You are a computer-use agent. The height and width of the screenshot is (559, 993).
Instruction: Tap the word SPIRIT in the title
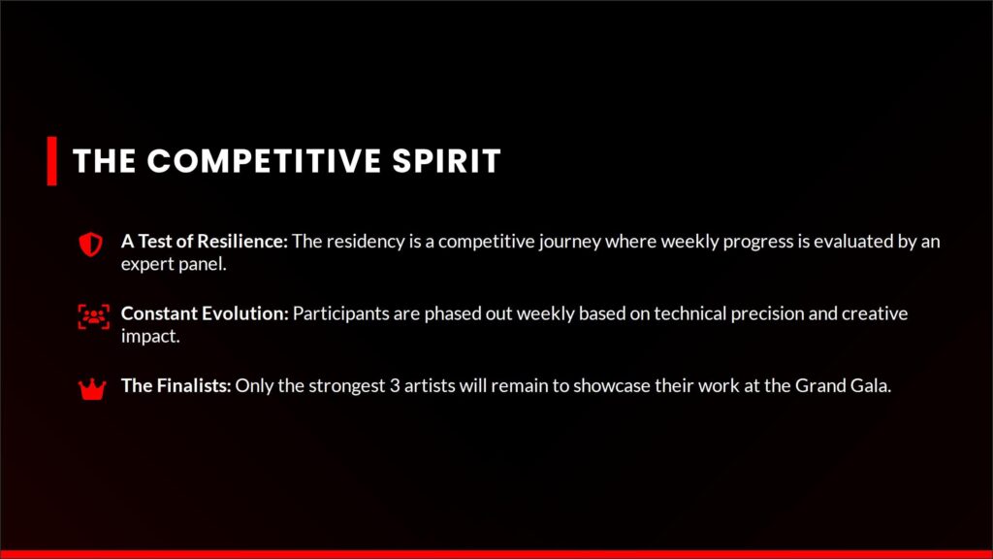446,161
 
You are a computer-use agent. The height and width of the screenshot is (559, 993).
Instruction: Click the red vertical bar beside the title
52,161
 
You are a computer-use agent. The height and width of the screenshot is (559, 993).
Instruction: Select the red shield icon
90,244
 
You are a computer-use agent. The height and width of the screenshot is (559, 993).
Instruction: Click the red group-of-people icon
93,316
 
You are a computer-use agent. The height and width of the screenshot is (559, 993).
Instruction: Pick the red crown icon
92,389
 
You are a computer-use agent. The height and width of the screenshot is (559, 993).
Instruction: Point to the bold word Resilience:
242,242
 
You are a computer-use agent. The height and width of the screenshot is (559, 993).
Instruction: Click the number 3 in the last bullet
395,386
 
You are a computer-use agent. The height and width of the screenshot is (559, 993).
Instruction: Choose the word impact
150,337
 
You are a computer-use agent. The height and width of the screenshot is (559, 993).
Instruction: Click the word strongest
347,387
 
